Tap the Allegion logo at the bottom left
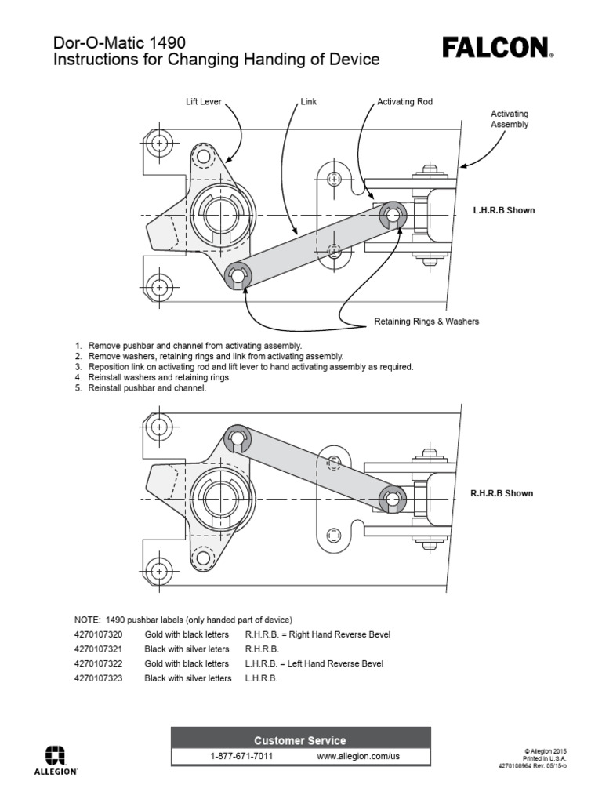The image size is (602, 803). [55, 758]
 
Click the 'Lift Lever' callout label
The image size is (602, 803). [204, 102]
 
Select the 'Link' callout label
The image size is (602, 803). [308, 102]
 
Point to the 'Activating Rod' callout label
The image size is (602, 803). [404, 102]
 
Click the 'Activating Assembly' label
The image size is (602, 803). [510, 119]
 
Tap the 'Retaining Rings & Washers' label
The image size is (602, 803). [426, 322]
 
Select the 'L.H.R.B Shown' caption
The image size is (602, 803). [503, 211]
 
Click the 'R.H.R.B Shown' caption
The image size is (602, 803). [502, 493]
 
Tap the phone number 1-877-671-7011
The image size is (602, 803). [241, 756]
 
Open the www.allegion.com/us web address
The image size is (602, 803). [358, 756]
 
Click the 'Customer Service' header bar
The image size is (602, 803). [300, 740]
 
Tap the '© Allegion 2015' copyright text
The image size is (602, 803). [546, 750]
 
